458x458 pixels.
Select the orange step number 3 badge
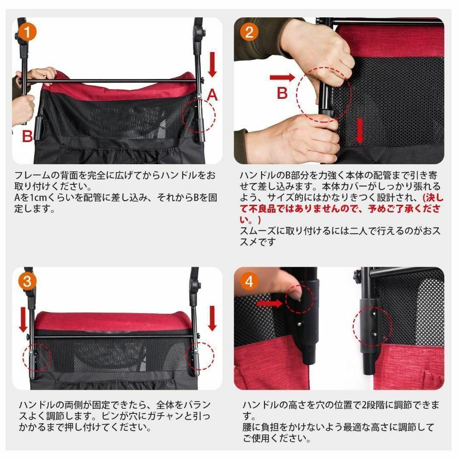(x=27, y=282)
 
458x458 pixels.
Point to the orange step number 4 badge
(x=249, y=282)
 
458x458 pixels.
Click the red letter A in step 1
(x=212, y=95)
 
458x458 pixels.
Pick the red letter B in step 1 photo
(x=28, y=137)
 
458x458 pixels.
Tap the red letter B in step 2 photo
(x=282, y=93)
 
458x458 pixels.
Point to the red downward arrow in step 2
(x=360, y=131)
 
